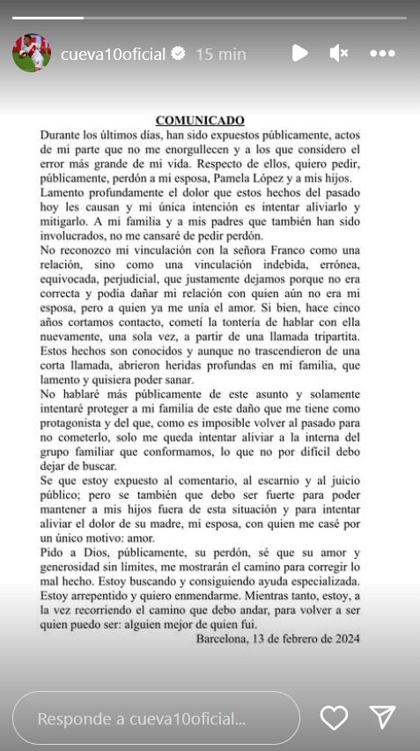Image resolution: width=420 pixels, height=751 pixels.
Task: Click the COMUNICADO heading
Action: point(199,119)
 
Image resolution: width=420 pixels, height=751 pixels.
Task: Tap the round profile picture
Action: point(31,54)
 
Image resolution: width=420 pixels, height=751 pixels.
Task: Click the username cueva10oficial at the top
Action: point(113,54)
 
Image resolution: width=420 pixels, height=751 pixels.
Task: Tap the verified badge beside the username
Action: point(178,54)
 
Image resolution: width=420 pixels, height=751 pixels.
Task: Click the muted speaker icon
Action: point(339,54)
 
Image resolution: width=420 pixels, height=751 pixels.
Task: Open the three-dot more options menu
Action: point(382,54)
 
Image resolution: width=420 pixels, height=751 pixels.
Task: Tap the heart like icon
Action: point(334,718)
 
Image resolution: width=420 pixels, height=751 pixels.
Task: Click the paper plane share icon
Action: point(382,718)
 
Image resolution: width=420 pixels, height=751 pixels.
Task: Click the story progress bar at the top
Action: point(210,18)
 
